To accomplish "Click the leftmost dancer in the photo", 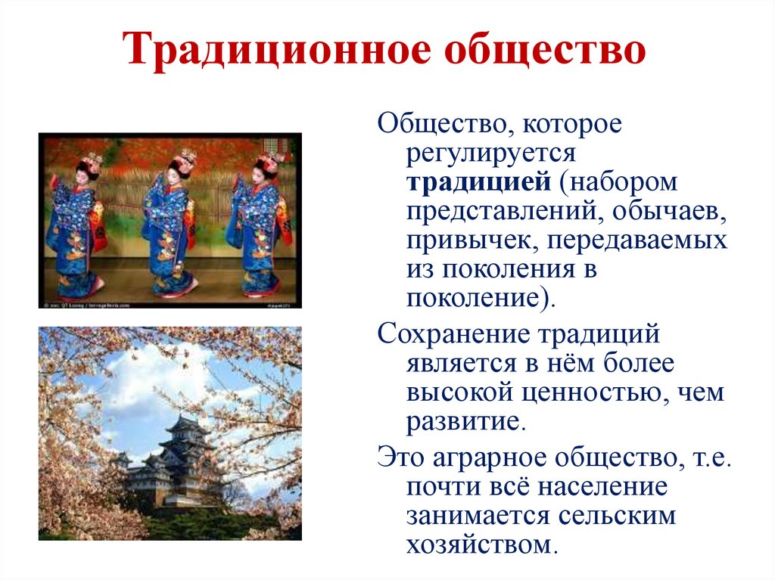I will tap(75, 227).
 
